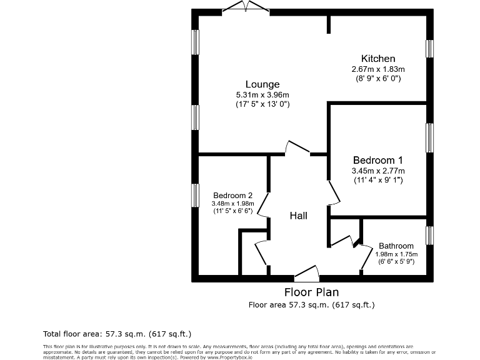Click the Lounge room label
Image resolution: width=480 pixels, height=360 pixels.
(x=262, y=84)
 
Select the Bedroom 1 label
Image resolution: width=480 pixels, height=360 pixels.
(x=377, y=160)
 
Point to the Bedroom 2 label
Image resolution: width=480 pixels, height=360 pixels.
(x=232, y=194)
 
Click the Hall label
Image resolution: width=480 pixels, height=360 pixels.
(x=298, y=216)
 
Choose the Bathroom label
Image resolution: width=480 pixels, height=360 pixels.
(x=396, y=246)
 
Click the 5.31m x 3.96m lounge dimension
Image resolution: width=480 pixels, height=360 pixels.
(x=262, y=95)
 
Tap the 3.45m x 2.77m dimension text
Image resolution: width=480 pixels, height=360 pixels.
(x=377, y=171)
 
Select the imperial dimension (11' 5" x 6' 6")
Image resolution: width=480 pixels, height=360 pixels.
(x=232, y=211)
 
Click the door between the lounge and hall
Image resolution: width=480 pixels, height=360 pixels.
(x=297, y=148)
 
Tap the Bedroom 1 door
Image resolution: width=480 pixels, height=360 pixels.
(x=334, y=193)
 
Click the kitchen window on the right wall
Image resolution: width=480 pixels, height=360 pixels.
(x=429, y=49)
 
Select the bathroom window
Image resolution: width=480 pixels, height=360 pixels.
(x=429, y=236)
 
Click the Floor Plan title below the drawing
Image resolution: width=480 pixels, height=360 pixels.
(x=311, y=292)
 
